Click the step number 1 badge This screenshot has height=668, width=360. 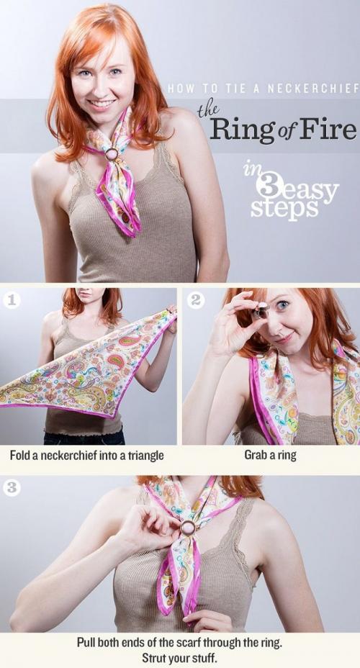(x=12, y=300)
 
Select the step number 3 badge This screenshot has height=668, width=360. (x=12, y=487)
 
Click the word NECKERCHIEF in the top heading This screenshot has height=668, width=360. (x=312, y=89)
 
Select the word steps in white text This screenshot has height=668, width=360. (x=284, y=208)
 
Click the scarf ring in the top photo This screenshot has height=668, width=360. (x=112, y=154)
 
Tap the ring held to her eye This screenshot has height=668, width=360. (x=261, y=310)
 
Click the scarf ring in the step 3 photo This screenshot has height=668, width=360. (x=188, y=528)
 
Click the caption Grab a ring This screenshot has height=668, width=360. (x=270, y=454)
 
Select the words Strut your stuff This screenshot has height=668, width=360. (x=179, y=657)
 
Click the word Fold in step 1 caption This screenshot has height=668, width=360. (x=19, y=455)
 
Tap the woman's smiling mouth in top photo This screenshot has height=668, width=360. (x=102, y=104)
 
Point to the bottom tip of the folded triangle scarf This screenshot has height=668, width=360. (x=112, y=417)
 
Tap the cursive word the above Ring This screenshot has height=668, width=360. (x=209, y=110)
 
